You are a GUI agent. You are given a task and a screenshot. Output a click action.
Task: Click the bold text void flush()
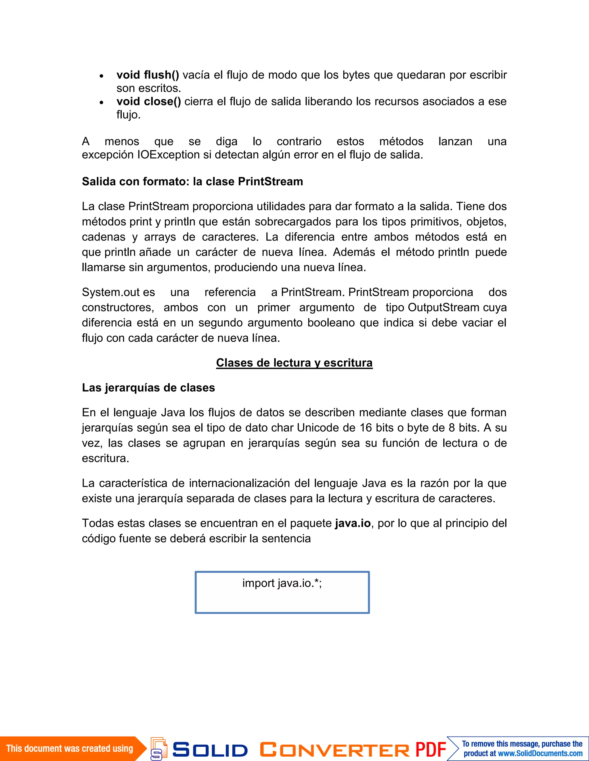point(148,75)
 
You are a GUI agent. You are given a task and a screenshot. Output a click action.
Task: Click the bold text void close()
point(149,101)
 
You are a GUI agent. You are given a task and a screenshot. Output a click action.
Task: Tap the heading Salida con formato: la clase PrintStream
point(192,182)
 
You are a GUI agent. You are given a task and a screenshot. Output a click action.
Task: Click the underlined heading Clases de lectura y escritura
point(294,363)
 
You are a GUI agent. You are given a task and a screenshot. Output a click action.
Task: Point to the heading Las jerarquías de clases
point(148,388)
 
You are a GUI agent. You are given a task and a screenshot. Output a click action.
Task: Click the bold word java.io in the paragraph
point(353,523)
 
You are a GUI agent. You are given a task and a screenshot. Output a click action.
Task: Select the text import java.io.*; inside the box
point(282,583)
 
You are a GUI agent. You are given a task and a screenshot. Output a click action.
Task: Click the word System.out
point(110,292)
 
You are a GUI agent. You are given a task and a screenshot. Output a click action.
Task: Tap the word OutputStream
point(443,307)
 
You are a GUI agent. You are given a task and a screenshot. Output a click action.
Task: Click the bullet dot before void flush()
point(101,76)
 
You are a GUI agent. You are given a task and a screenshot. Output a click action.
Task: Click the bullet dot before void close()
point(101,102)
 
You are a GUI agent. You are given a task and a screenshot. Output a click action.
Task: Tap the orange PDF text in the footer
point(431,749)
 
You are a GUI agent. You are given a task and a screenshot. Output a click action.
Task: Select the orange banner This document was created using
point(70,748)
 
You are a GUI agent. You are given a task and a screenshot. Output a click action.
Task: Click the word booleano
point(332,323)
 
